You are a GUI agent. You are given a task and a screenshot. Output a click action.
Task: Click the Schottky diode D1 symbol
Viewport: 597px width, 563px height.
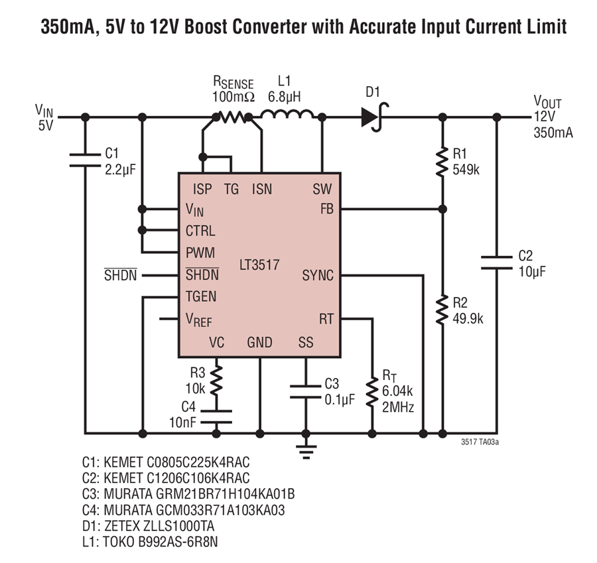coord(375,117)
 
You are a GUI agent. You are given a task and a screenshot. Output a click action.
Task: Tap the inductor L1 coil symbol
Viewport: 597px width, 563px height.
coord(287,114)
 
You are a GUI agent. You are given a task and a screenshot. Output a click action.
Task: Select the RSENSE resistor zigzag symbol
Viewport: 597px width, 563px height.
coord(232,117)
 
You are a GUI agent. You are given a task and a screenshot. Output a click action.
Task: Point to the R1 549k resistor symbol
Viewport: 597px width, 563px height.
coord(442,162)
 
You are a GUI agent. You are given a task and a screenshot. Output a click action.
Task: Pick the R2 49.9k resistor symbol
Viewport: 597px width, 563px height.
coord(442,310)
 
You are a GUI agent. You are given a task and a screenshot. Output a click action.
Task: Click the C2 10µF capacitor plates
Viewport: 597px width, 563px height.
coord(496,263)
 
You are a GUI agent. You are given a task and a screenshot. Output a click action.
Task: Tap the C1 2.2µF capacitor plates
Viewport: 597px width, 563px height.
coord(85,160)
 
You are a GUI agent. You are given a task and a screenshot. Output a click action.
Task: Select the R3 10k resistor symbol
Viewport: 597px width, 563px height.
coord(216,380)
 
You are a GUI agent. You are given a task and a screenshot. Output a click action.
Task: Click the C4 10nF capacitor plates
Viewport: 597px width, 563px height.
coord(216,417)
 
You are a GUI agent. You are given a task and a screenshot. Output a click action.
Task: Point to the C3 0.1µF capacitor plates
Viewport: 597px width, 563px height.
coord(305,392)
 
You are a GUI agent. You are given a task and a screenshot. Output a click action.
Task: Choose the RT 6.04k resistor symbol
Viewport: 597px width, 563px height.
coord(372,393)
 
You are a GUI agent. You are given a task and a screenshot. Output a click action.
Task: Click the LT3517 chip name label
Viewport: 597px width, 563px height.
coord(259,265)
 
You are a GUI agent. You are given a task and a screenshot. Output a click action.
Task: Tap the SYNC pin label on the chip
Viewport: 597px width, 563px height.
coord(318,275)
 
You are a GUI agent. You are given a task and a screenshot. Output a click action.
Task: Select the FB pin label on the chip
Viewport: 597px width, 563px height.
coord(326,209)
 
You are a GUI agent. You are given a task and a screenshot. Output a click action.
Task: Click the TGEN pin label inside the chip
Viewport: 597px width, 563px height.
coord(200,296)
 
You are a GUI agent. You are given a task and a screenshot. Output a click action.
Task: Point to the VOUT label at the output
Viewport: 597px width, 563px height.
coord(547,101)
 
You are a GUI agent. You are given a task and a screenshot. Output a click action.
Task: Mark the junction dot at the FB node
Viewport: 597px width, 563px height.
coord(442,209)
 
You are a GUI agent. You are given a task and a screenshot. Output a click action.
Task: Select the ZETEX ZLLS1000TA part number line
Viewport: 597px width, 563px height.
coord(148,526)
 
